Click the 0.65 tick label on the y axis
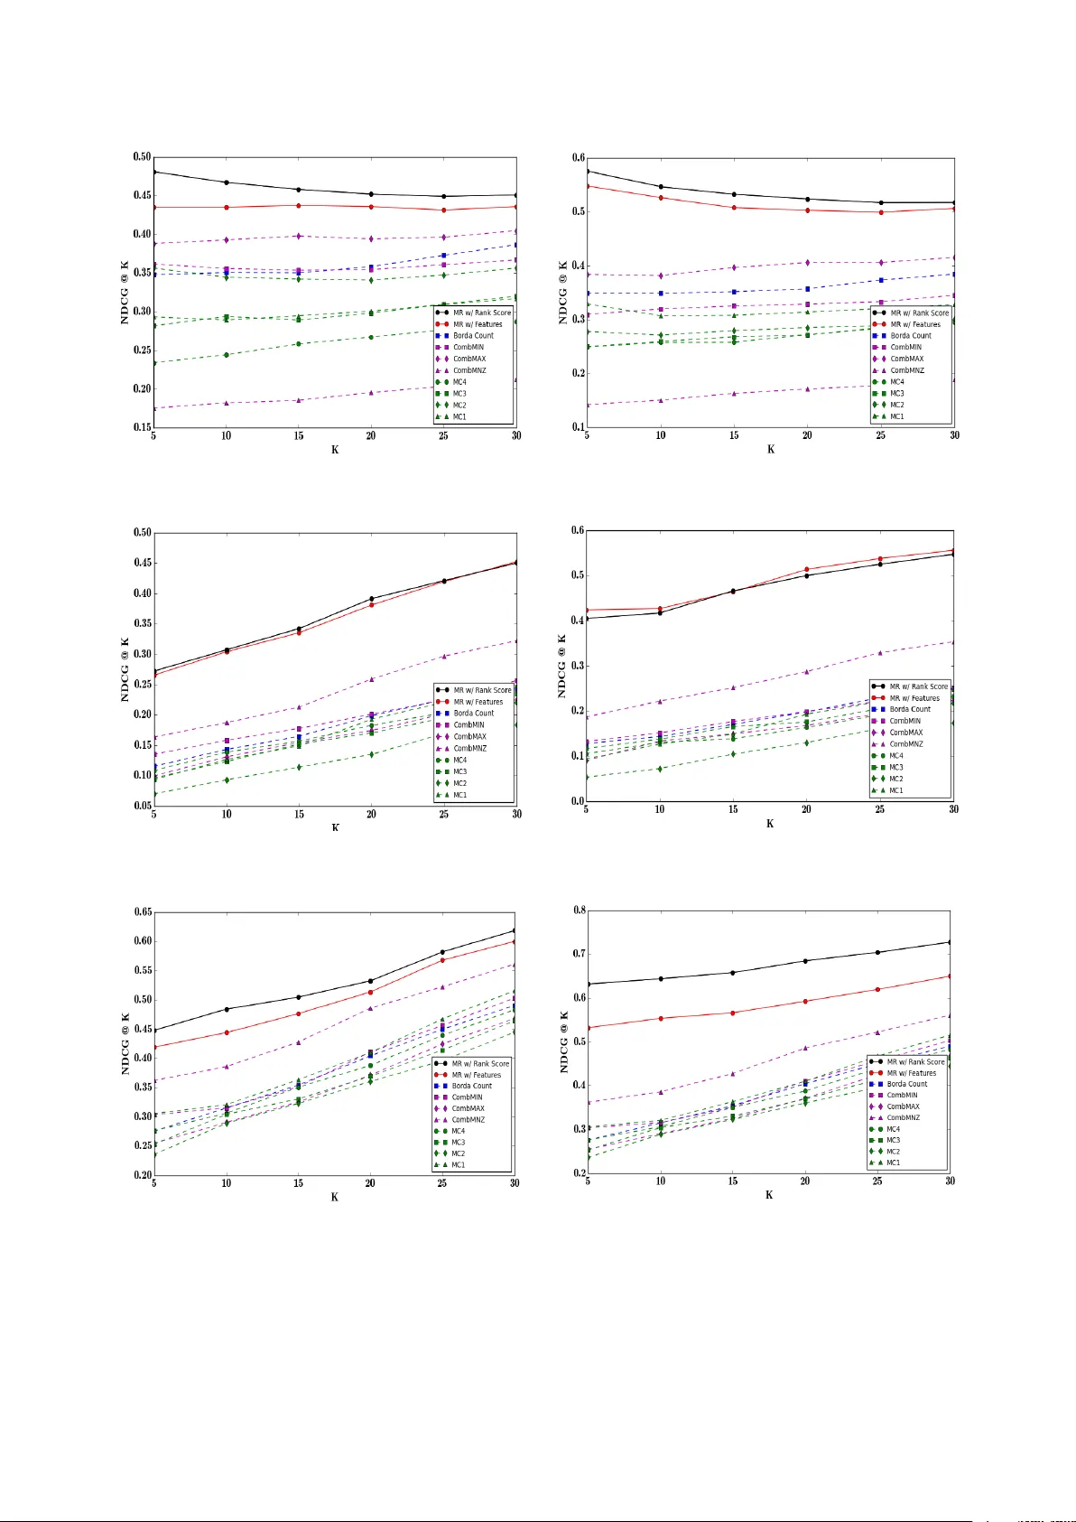(x=142, y=912)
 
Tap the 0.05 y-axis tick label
(x=142, y=806)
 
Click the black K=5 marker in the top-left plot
(x=154, y=172)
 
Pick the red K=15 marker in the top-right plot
(x=734, y=208)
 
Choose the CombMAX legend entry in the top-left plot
(x=469, y=359)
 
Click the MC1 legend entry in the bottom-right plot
(x=893, y=1163)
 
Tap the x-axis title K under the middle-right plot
(x=770, y=824)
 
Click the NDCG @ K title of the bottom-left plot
(x=125, y=1043)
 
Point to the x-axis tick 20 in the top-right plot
(x=807, y=435)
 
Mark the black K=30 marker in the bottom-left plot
(x=515, y=930)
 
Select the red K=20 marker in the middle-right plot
(x=806, y=570)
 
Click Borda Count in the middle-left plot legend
(x=474, y=713)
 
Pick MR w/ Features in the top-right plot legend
(x=915, y=324)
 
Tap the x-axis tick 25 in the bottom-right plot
(x=877, y=1181)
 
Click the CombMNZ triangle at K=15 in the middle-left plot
(x=299, y=707)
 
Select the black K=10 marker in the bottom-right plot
(x=660, y=978)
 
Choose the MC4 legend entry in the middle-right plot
(x=896, y=755)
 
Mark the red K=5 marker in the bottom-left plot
(x=154, y=1047)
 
